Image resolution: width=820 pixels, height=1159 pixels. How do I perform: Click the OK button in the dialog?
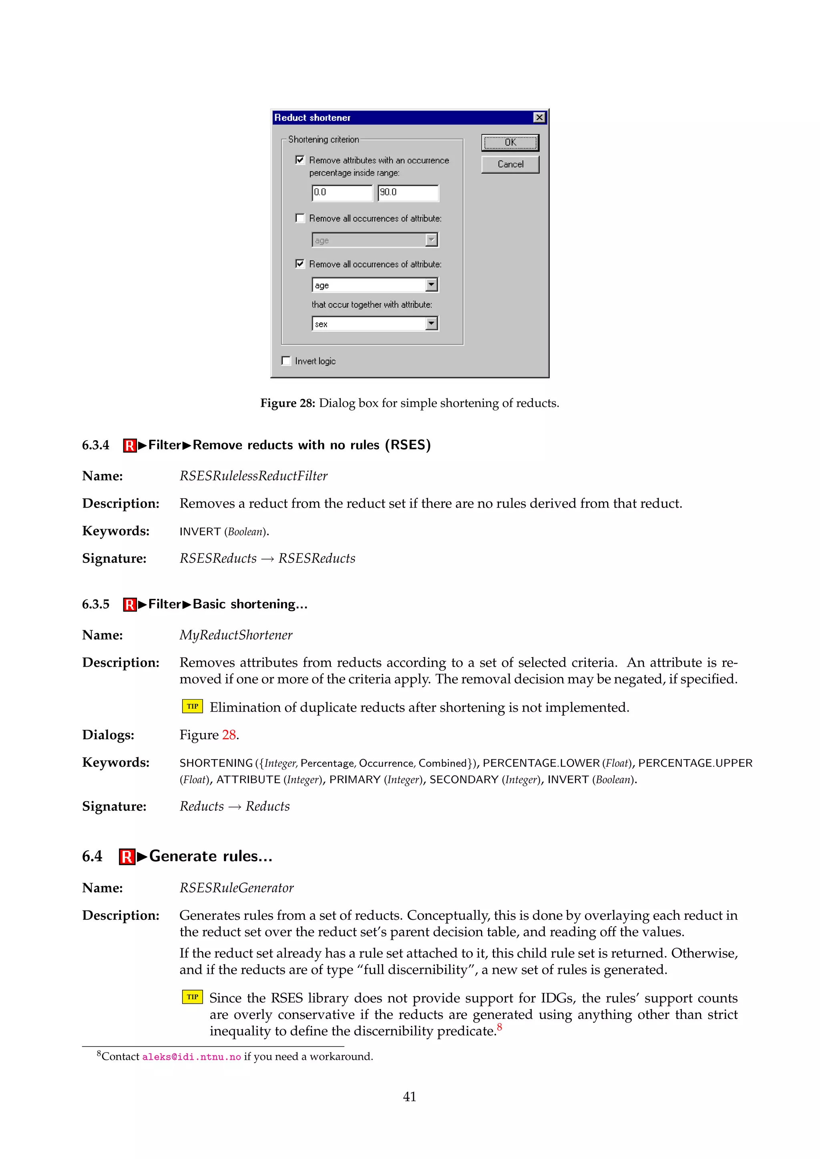tap(510, 143)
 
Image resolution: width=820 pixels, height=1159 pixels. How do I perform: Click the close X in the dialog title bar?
tap(539, 118)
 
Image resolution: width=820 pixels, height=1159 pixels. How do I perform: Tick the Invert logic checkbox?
tap(286, 361)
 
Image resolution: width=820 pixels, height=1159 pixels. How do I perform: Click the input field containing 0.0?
tap(342, 193)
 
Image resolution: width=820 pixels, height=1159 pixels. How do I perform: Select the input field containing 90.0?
tap(408, 193)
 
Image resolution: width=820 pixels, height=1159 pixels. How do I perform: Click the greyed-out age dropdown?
tap(375, 240)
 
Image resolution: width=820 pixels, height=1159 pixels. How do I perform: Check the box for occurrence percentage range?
tap(300, 160)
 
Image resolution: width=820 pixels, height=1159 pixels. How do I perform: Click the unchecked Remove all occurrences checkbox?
tap(300, 218)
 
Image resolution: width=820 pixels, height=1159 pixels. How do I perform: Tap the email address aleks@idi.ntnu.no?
tap(191, 1057)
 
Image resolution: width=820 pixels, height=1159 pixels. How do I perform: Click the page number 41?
tap(410, 1097)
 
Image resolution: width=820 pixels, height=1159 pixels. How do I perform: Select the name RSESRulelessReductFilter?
tap(253, 476)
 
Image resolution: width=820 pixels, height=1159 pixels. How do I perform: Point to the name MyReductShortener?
tap(236, 635)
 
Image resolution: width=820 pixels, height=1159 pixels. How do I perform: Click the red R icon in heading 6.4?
tap(127, 856)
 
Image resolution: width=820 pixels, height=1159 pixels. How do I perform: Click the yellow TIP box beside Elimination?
tap(192, 706)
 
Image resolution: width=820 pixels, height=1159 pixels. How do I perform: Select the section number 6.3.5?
tap(95, 604)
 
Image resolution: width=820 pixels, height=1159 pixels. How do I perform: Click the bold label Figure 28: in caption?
tap(287, 403)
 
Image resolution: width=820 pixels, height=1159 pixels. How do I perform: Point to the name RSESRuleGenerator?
tap(236, 888)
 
